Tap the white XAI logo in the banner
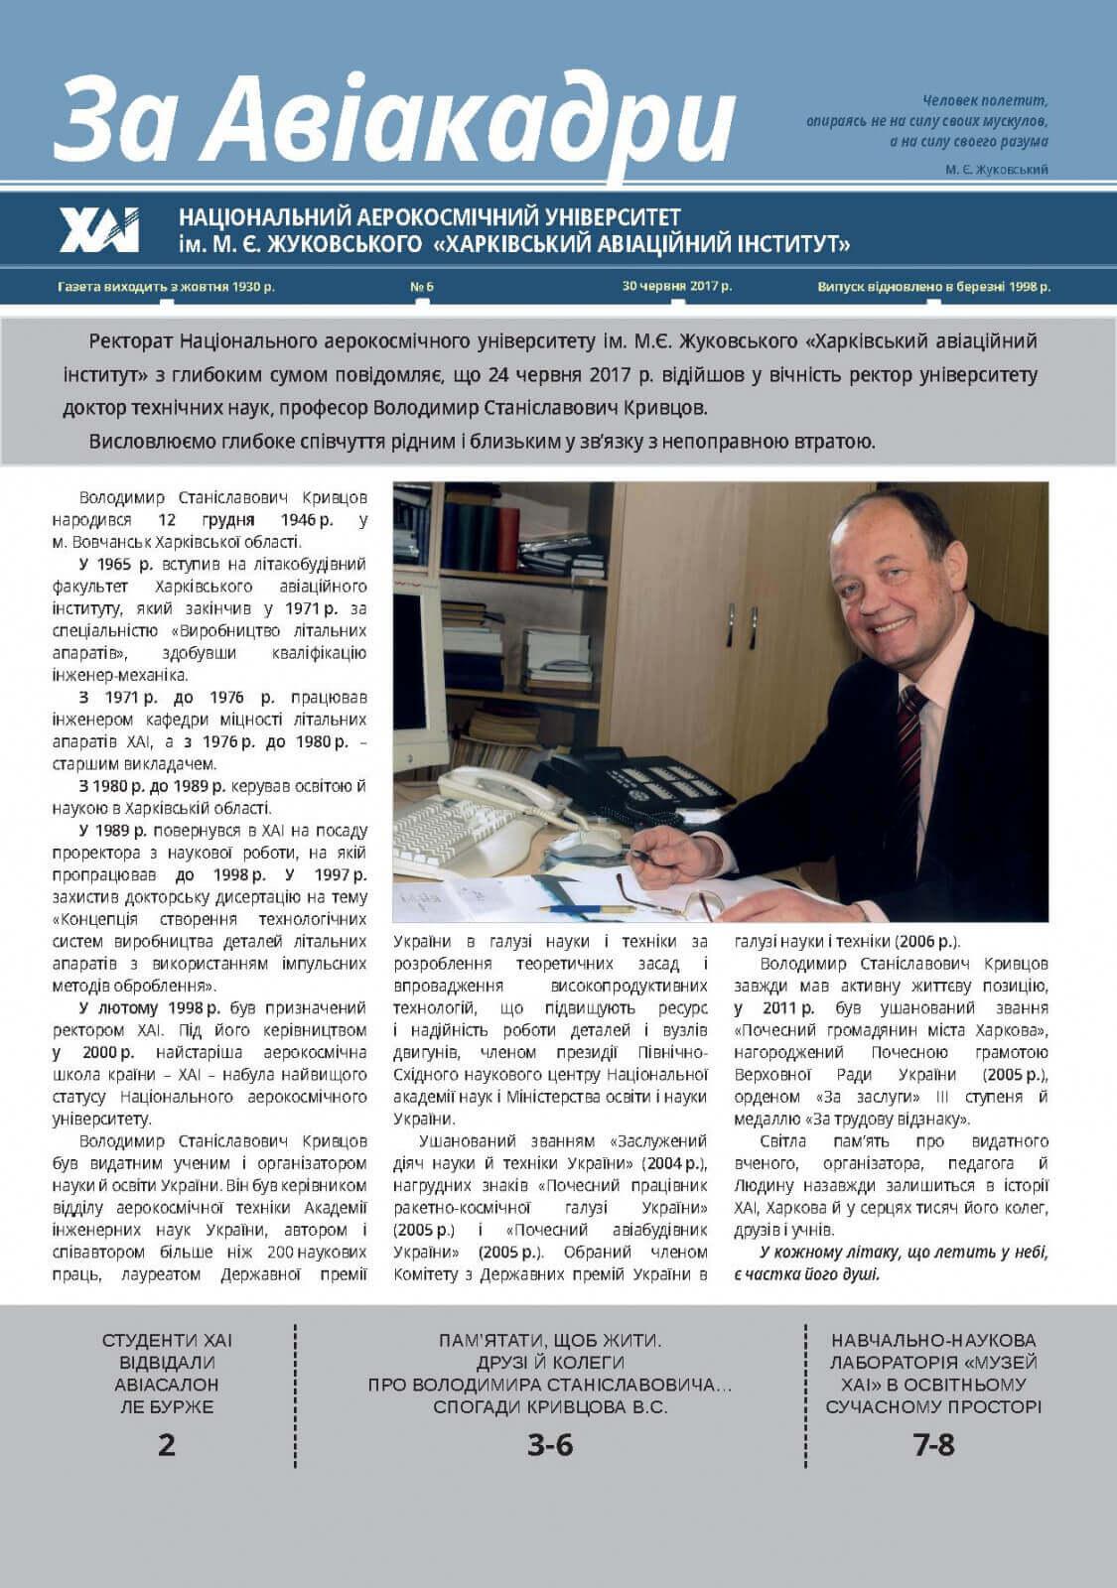pyautogui.click(x=98, y=229)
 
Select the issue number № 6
pyautogui.click(x=422, y=287)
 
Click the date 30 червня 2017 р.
pyautogui.click(x=677, y=286)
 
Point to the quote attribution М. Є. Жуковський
pyautogui.click(x=997, y=170)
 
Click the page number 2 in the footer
pyautogui.click(x=167, y=1444)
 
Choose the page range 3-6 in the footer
pyautogui.click(x=550, y=1445)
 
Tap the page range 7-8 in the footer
pyautogui.click(x=933, y=1445)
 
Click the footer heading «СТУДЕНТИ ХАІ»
pyautogui.click(x=167, y=1340)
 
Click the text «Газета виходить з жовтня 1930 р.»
pyautogui.click(x=167, y=287)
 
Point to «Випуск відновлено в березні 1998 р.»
pyautogui.click(x=933, y=287)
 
